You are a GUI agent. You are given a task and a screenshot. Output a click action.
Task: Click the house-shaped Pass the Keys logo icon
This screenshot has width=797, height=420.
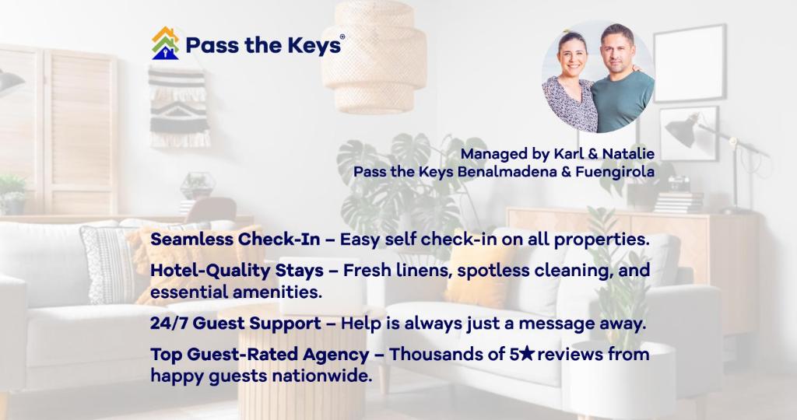point(165,44)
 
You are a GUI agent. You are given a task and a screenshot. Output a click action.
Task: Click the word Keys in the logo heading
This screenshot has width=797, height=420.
point(314,45)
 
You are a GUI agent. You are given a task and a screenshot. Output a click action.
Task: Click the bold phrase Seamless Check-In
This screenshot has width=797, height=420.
point(235,239)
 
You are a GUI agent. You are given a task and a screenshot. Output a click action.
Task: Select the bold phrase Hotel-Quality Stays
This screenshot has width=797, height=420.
point(237,271)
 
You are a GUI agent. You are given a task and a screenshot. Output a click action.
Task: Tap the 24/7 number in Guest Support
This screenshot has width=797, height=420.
point(169,323)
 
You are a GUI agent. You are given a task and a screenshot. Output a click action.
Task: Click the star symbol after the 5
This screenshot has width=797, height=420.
point(528,353)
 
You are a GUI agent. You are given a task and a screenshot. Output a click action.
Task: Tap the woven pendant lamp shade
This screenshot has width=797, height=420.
point(374,56)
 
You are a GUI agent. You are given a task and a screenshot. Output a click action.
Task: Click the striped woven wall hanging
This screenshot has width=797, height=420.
point(179,107)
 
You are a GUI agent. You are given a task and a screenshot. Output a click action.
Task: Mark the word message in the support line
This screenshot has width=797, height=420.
point(556,324)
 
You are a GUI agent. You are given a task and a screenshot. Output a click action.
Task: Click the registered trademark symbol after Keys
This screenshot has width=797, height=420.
point(342,37)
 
